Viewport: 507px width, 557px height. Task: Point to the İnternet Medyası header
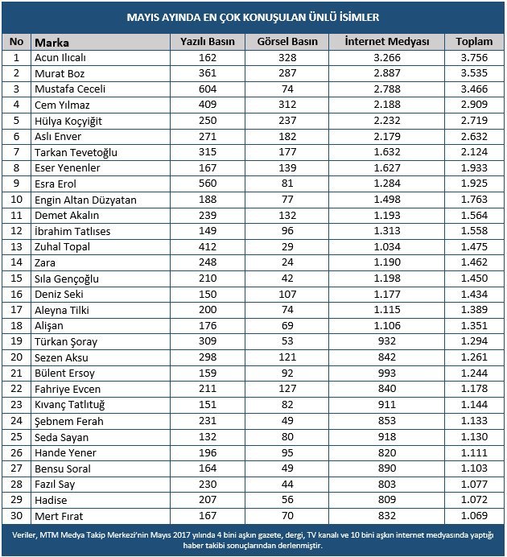(386, 42)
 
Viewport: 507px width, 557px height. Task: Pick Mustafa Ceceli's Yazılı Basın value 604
(208, 89)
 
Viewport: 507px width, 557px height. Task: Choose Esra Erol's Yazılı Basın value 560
(208, 183)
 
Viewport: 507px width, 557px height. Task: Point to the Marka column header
(53, 42)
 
